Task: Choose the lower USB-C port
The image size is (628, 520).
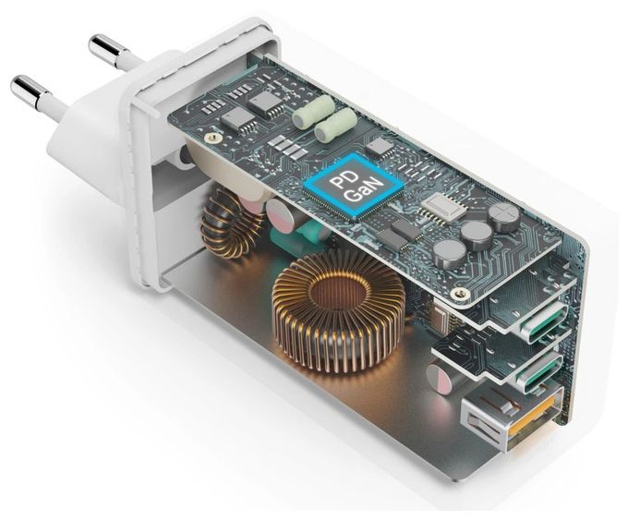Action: (536, 369)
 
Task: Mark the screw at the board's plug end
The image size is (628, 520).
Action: (211, 139)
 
